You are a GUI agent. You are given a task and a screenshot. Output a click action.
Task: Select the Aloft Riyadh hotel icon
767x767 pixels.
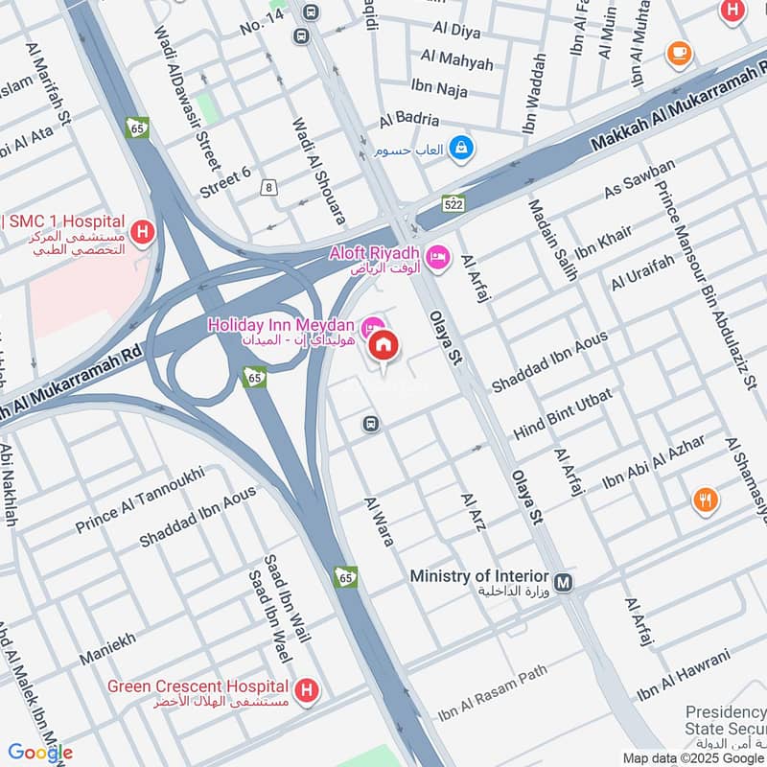tap(438, 256)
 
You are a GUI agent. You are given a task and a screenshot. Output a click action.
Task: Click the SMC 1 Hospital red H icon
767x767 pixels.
tap(143, 231)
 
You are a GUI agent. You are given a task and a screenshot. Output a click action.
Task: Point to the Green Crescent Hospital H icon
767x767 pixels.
tap(307, 689)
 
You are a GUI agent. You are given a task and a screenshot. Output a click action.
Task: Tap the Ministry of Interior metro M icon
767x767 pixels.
tap(564, 581)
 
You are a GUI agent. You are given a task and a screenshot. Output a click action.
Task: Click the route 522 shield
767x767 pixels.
tap(453, 203)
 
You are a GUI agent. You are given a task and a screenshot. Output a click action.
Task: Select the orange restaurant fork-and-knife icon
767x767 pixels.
tap(706, 500)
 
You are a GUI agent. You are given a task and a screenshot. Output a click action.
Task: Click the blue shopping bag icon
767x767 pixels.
tap(462, 148)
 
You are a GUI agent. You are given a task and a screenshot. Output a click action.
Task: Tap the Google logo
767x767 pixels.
tap(40, 753)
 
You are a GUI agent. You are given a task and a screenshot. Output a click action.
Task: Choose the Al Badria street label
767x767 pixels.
tap(408, 120)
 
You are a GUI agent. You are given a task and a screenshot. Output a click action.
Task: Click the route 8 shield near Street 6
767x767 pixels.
tap(269, 187)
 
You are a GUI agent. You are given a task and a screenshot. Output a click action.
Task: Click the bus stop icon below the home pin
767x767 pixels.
tap(371, 424)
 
